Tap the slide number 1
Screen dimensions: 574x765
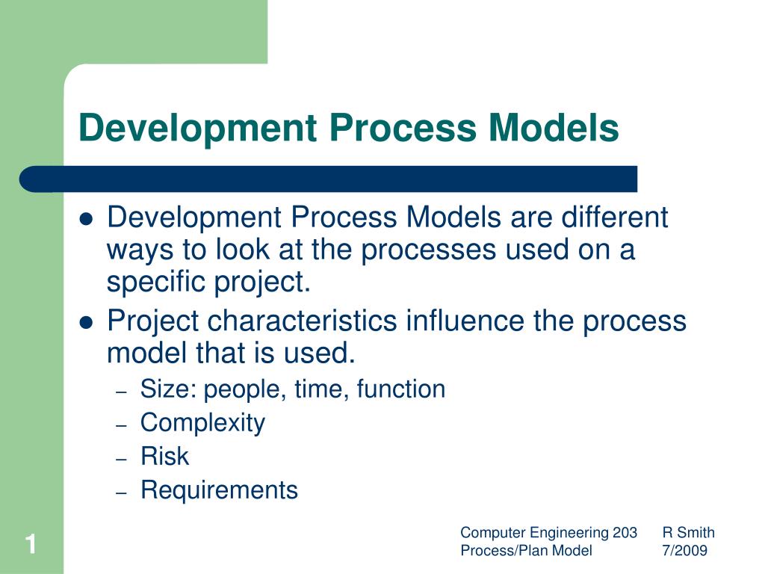tap(31, 543)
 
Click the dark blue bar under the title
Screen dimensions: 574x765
tap(329, 179)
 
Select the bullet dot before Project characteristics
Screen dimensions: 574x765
tap(86, 323)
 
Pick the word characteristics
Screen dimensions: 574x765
tap(303, 321)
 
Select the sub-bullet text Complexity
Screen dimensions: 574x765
tap(202, 423)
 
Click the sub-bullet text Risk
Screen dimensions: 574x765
tap(164, 457)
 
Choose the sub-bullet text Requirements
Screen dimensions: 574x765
tap(219, 490)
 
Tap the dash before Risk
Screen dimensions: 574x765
tap(123, 457)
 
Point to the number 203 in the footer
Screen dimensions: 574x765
tap(625, 533)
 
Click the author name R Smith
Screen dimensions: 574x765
tap(688, 533)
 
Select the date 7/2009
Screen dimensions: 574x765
tap(684, 551)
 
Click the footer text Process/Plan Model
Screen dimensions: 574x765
tap(526, 551)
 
